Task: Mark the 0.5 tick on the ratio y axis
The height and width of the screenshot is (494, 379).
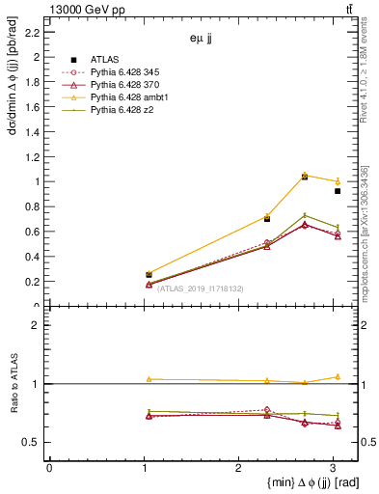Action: tap(32, 442)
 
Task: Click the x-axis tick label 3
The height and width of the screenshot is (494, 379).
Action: tap(332, 467)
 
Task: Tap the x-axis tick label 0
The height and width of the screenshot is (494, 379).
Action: tap(49, 467)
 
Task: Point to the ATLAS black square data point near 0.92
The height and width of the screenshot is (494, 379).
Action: tap(338, 191)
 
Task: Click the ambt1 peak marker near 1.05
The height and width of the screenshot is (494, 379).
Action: tap(305, 176)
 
